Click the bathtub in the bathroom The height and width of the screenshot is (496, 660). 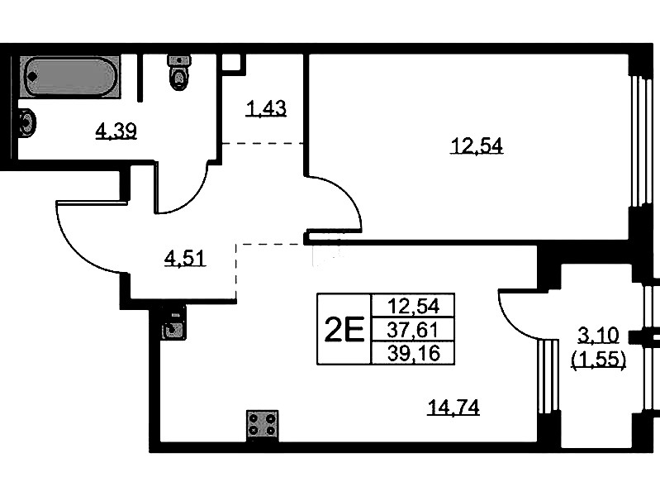(x=70, y=76)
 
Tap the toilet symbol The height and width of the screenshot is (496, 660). (x=179, y=72)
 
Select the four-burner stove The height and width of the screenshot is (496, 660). (x=262, y=425)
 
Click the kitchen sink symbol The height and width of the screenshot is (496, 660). (x=173, y=323)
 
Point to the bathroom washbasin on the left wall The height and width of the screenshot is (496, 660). (x=27, y=122)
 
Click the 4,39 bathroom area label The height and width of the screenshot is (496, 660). (x=116, y=131)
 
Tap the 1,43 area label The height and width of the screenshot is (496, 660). (x=266, y=109)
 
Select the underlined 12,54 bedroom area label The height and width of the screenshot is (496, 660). (x=477, y=145)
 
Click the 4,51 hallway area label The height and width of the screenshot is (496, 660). (x=185, y=258)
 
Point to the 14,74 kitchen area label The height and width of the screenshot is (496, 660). (x=453, y=407)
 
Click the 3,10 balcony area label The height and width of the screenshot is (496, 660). (x=598, y=336)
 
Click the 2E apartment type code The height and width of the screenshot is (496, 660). (x=344, y=330)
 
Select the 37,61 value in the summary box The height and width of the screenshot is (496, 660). (x=413, y=330)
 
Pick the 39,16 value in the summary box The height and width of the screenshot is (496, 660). (x=413, y=353)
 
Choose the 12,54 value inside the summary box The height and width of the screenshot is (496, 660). (x=413, y=306)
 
